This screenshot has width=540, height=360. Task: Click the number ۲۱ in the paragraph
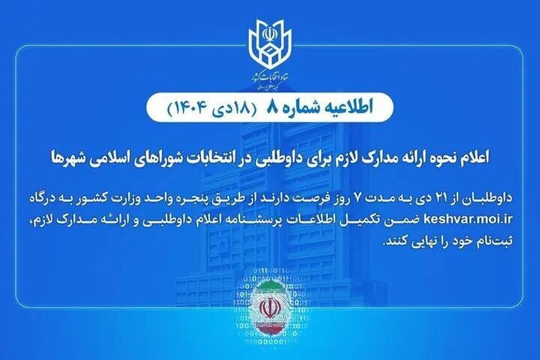pos(447,198)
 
